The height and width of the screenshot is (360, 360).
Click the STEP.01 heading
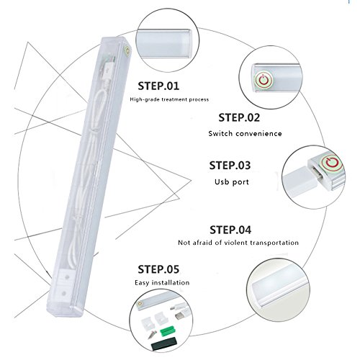[x=158, y=86]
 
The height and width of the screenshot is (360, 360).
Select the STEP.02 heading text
[x=239, y=117]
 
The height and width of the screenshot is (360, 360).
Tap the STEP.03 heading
[x=230, y=166]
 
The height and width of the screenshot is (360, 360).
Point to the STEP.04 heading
[x=230, y=230]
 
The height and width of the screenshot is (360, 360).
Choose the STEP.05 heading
[x=158, y=269]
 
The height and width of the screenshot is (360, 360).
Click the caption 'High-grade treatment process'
[x=169, y=99]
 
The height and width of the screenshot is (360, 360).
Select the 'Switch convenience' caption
[x=245, y=133]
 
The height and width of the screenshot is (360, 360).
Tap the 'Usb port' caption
[x=232, y=181]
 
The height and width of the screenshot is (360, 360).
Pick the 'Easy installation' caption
[x=162, y=282]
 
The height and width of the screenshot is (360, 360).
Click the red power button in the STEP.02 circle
[x=264, y=80]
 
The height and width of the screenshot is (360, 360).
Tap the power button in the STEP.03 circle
[x=332, y=162]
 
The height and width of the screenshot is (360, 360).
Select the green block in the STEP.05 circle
[x=168, y=330]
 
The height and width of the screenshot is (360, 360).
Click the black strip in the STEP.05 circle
[x=163, y=343]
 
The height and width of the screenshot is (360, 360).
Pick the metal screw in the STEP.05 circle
[x=152, y=334]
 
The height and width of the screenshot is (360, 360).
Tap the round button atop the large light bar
[x=126, y=51]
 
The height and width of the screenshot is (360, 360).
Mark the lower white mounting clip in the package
[x=64, y=293]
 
